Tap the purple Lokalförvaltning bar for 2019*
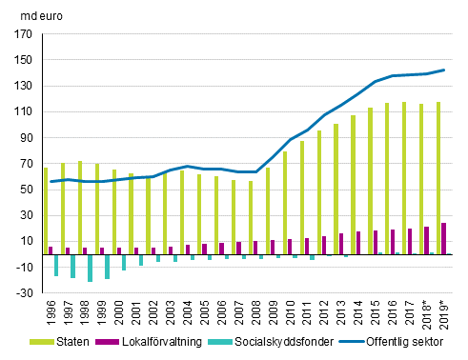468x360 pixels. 443,238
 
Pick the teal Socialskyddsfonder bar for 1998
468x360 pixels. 91,268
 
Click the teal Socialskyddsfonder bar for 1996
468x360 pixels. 56,265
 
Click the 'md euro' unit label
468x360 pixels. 32,13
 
